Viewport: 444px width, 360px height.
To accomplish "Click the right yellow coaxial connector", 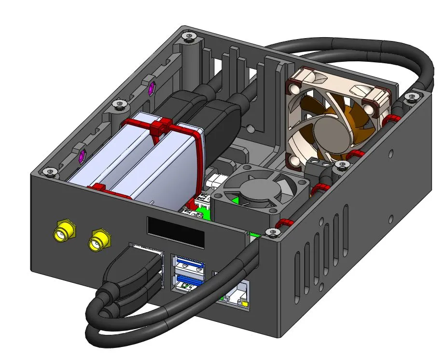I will click(x=99, y=240).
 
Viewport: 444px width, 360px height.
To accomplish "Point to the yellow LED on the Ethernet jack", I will click(x=245, y=304).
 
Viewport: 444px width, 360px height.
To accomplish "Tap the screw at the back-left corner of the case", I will click(x=187, y=36).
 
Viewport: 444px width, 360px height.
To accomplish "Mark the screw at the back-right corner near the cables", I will click(x=411, y=98).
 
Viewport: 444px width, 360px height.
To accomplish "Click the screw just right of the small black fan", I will click(x=342, y=166).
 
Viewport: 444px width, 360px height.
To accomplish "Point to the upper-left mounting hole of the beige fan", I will click(x=293, y=88).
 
